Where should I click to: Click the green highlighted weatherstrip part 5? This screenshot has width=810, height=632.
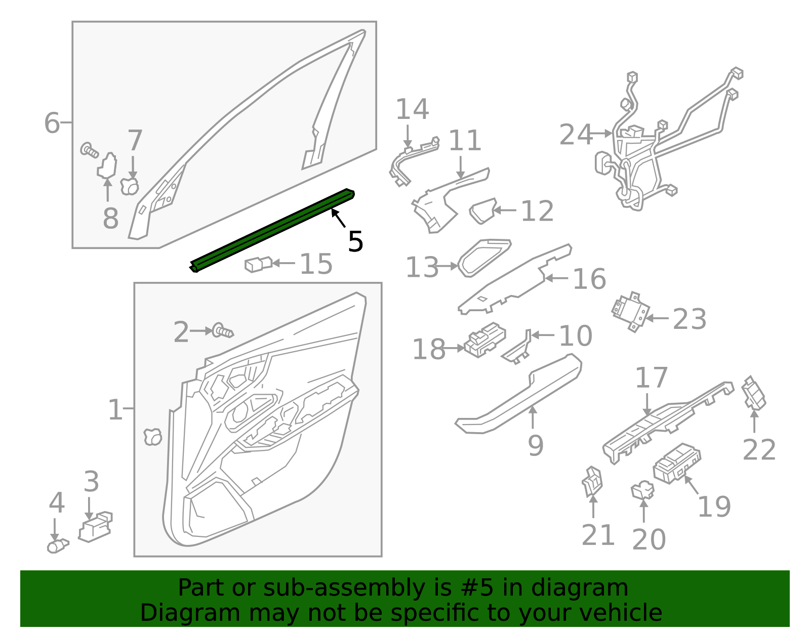[x=273, y=230]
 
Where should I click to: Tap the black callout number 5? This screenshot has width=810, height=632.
[x=356, y=242]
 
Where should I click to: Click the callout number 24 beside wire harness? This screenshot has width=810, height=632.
[x=576, y=135]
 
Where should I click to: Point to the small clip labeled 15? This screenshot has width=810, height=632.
[x=258, y=264]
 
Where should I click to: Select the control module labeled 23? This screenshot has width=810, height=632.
[x=630, y=311]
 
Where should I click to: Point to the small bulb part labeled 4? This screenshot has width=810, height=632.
[x=57, y=546]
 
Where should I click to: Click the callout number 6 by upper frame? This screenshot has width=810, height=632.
[x=52, y=123]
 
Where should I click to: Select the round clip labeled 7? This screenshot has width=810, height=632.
[x=130, y=186]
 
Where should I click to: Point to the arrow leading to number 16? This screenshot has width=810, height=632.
[x=556, y=278]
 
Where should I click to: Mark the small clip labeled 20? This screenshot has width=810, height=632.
[x=642, y=489]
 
